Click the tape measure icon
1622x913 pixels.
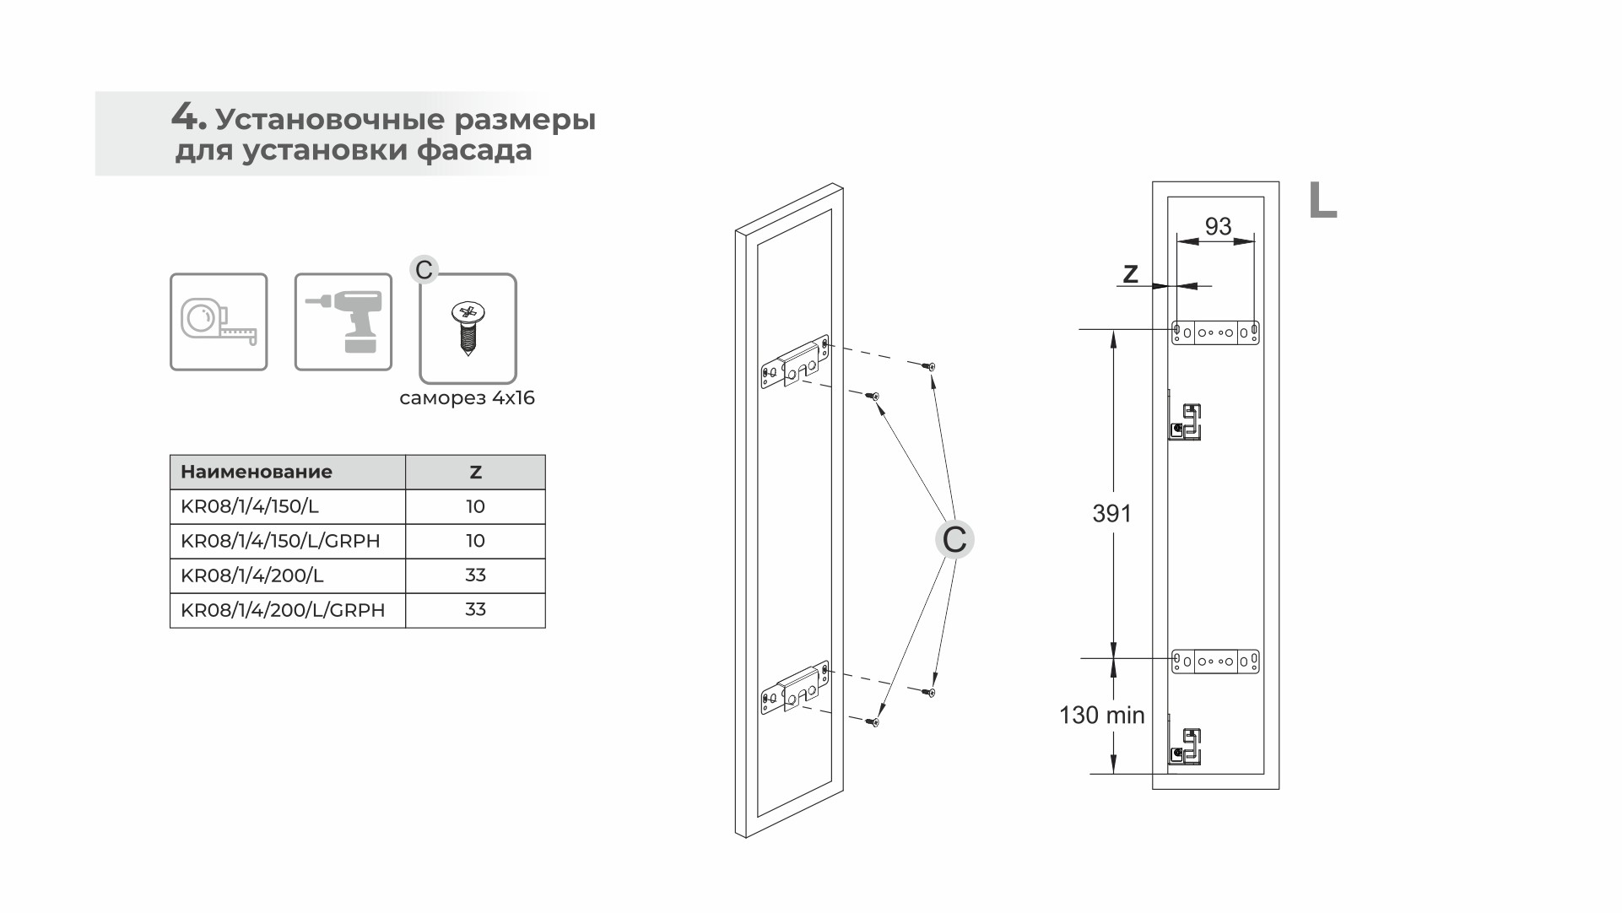[x=219, y=321]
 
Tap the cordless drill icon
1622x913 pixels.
[x=343, y=321]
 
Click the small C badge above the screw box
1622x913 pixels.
[x=424, y=270]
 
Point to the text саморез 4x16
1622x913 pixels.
[x=468, y=397]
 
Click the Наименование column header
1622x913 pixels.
[x=257, y=472]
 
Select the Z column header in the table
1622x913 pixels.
[x=476, y=472]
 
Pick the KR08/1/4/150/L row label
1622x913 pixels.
[x=250, y=506]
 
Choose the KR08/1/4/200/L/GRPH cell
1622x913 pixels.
[x=283, y=610]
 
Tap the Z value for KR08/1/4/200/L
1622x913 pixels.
[x=476, y=575]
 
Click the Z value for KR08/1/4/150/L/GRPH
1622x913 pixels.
[x=476, y=541]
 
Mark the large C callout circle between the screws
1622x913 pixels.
[x=954, y=539]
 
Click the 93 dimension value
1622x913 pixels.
[x=1218, y=226]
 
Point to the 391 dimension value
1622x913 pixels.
[x=1112, y=513]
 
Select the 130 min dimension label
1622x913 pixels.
[x=1102, y=716]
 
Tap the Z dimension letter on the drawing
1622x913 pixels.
[x=1131, y=273]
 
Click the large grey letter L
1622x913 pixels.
[x=1322, y=201]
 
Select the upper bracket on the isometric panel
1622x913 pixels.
[x=795, y=364]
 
